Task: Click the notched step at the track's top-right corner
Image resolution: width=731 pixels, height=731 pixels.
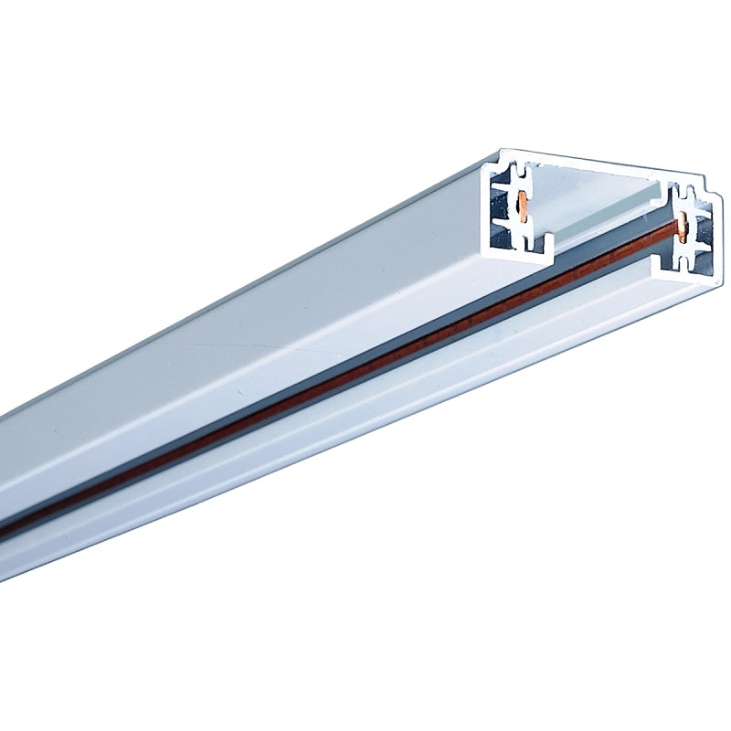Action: pos(704,195)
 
